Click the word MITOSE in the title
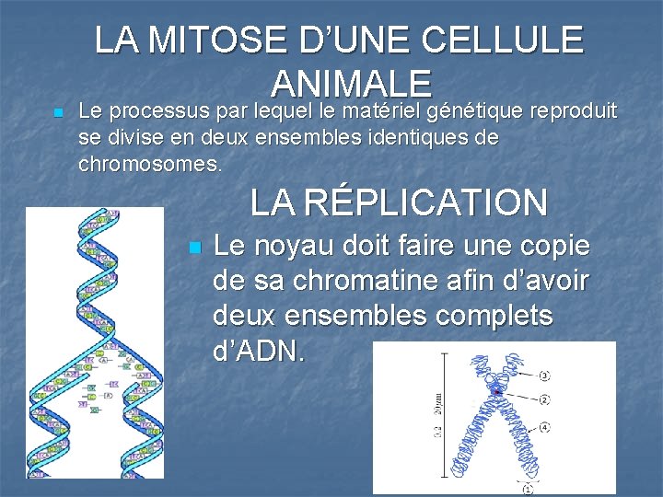[x=218, y=40]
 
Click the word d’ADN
[x=259, y=352]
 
